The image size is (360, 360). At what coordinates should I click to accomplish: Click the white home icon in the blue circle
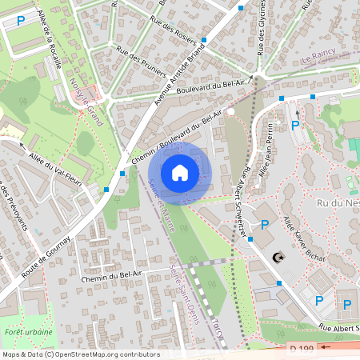point(180,172)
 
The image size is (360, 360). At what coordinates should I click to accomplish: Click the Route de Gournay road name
point(46,257)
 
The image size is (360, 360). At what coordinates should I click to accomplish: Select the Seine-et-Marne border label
point(162,206)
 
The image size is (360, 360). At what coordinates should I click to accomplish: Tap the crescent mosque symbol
point(278,258)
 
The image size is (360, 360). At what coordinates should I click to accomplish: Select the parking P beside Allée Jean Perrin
point(295,125)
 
